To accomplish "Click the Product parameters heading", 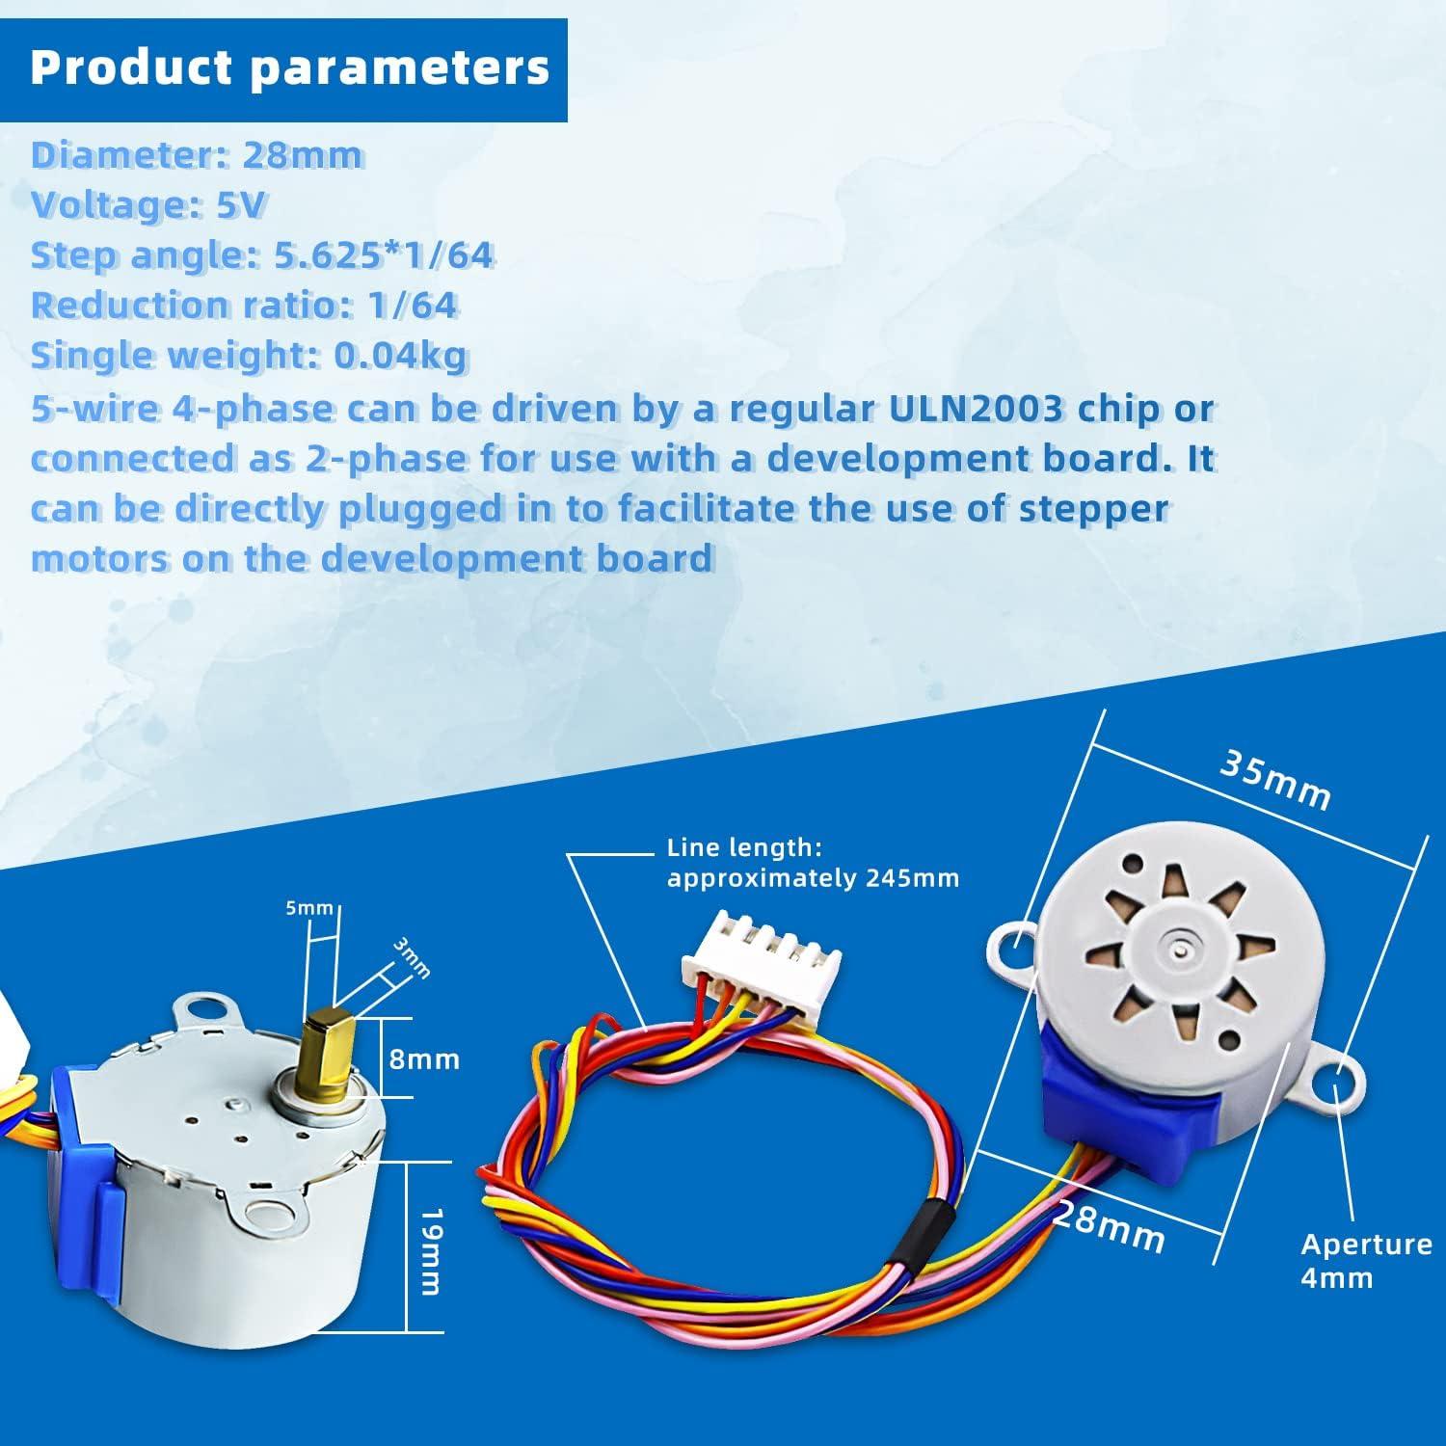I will (x=289, y=67).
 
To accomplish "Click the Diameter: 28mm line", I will (x=197, y=154).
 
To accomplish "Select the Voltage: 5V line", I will (x=148, y=204).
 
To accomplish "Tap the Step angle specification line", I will (x=262, y=254).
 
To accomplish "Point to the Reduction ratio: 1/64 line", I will (x=244, y=305).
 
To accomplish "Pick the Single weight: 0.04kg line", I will (x=249, y=356).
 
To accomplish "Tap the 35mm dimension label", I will (x=1275, y=779).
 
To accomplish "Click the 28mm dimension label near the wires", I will (x=1109, y=1226).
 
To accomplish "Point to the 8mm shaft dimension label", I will (x=424, y=1059).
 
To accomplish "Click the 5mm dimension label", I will (x=309, y=908).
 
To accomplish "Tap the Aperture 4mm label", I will (x=1365, y=1260).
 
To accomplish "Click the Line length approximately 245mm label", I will (x=813, y=863).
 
